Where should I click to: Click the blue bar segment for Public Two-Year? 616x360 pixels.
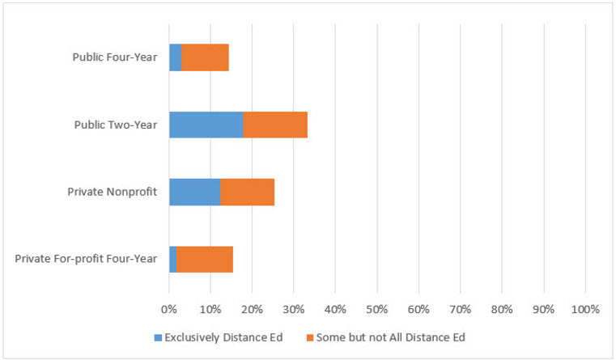206,125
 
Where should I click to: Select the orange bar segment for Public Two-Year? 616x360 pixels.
275,125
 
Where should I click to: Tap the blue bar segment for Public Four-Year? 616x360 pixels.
175,57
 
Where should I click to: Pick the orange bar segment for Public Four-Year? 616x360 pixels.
205,57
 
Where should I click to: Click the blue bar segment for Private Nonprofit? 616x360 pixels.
194,192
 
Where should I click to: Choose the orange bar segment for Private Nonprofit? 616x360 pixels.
247,192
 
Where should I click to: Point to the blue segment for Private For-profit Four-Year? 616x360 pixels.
172,259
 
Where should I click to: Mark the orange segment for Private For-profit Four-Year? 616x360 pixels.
204,259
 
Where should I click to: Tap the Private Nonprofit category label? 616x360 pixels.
112,192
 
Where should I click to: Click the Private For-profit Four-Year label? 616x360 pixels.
86,259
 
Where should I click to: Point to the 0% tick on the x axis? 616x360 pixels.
168,309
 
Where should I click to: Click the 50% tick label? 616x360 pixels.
376,309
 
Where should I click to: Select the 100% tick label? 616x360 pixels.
584,309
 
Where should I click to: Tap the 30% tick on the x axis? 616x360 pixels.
293,309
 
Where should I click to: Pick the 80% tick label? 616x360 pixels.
501,309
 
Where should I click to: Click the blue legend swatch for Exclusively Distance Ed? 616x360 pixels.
158,337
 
